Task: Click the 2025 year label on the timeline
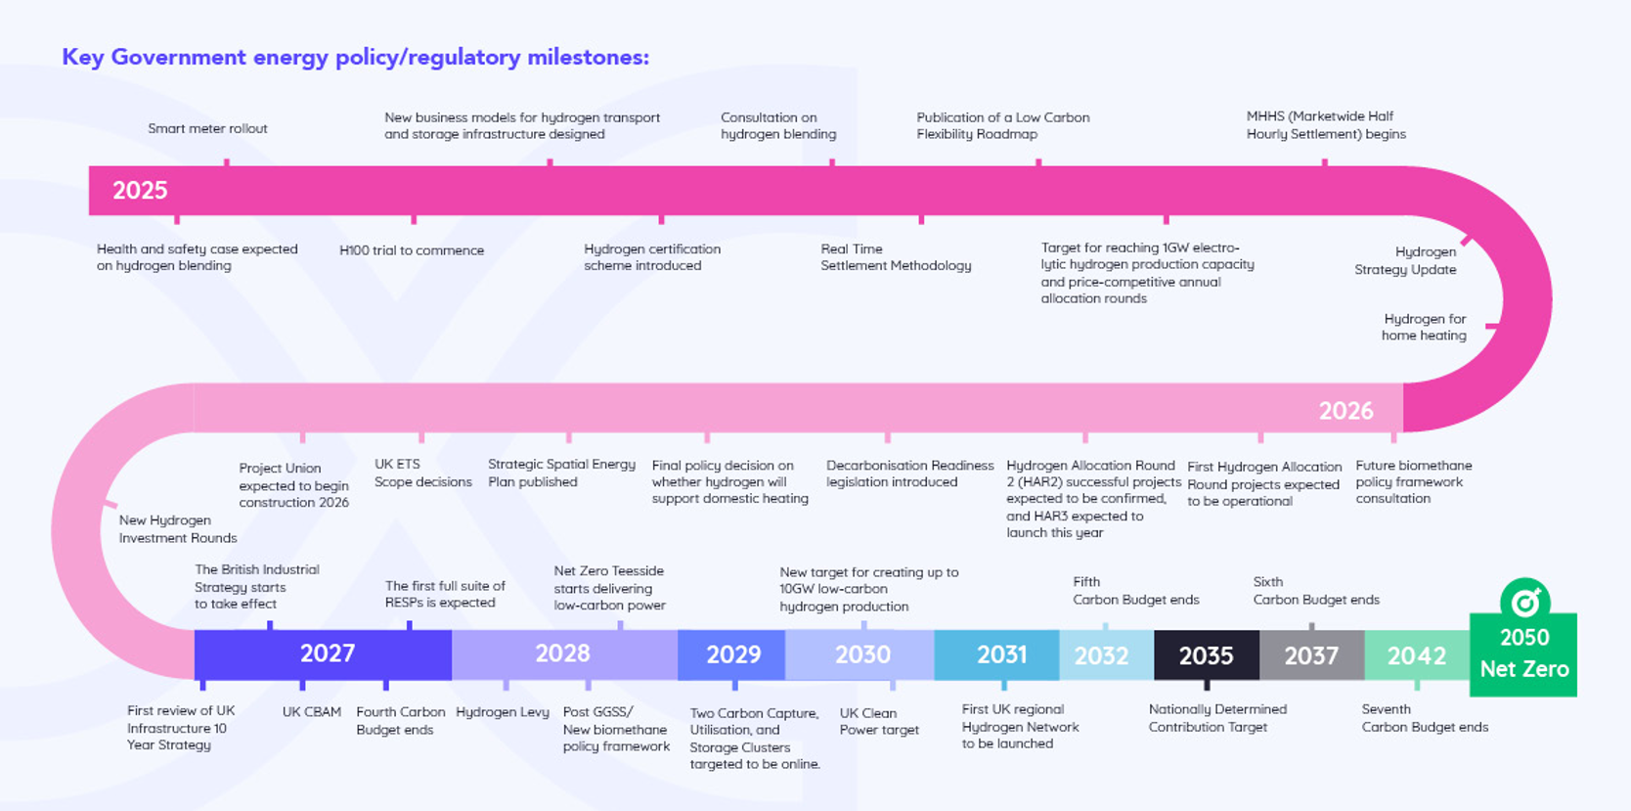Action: (x=140, y=191)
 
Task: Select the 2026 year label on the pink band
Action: (x=1345, y=411)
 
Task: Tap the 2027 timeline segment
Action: (x=327, y=653)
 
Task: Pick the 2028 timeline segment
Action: (x=562, y=653)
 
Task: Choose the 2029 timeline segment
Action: (x=733, y=654)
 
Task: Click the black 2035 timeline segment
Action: (x=1206, y=655)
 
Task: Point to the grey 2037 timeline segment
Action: (x=1311, y=655)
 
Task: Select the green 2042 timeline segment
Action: (x=1416, y=655)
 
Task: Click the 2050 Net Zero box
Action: (x=1523, y=654)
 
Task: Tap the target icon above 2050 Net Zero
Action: (x=1524, y=600)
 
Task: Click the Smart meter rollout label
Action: (x=207, y=128)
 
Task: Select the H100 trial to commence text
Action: (x=412, y=250)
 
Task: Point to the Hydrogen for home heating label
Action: (x=1424, y=327)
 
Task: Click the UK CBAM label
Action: (x=312, y=712)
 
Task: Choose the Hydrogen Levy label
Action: (x=503, y=712)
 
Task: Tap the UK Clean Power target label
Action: (x=879, y=721)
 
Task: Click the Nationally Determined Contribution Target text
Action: (x=1217, y=718)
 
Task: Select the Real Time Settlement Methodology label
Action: (x=896, y=257)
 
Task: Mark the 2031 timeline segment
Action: (x=1001, y=654)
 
